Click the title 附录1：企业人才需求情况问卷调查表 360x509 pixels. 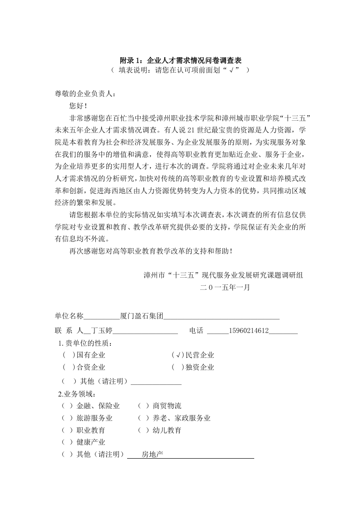180,60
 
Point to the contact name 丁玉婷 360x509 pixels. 102,330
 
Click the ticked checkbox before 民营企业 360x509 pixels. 178,355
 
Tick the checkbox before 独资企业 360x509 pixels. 178,367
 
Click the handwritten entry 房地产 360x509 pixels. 152,454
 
